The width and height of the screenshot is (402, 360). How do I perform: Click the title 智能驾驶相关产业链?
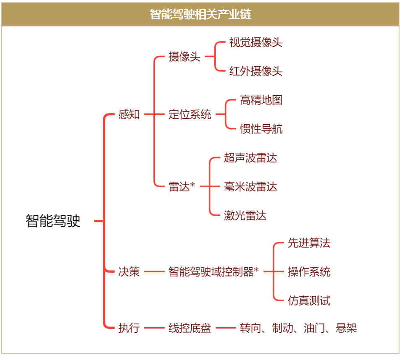pyautogui.click(x=201, y=14)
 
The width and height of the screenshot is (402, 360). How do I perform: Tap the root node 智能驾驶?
pyautogui.click(x=53, y=221)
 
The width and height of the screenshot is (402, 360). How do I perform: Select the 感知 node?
pyautogui.click(x=129, y=115)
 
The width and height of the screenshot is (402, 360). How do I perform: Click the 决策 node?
pyautogui.click(x=129, y=271)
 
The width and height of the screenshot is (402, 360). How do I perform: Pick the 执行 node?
pyautogui.click(x=129, y=328)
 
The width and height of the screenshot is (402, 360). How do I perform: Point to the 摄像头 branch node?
pyautogui.click(x=184, y=57)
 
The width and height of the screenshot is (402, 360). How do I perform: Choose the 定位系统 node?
pyautogui.click(x=190, y=115)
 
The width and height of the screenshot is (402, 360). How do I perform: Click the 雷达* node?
pyautogui.click(x=182, y=187)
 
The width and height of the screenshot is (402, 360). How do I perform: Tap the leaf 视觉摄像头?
pyautogui.click(x=256, y=42)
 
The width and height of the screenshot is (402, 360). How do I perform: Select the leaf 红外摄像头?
pyautogui.click(x=256, y=71)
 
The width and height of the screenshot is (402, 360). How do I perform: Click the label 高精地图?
pyautogui.click(x=261, y=100)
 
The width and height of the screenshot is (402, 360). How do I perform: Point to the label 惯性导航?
pyautogui.click(x=261, y=129)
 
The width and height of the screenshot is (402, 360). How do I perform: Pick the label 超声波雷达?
pyautogui.click(x=251, y=158)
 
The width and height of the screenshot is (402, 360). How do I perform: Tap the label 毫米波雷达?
pyautogui.click(x=251, y=187)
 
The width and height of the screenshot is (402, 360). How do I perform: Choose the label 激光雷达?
pyautogui.click(x=245, y=215)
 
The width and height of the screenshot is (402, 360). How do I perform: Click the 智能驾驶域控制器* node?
pyautogui.click(x=214, y=271)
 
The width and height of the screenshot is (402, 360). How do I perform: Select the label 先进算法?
pyautogui.click(x=309, y=243)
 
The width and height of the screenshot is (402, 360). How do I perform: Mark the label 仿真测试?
pyautogui.click(x=309, y=300)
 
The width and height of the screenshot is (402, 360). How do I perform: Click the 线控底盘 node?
pyautogui.click(x=190, y=328)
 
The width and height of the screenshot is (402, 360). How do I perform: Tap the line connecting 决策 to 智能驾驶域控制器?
pyautogui.click(x=154, y=271)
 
